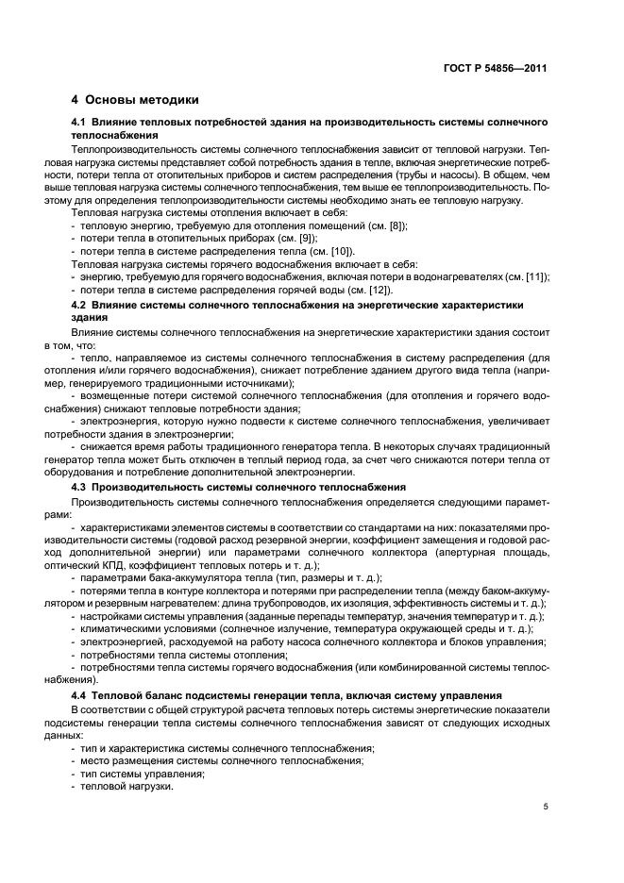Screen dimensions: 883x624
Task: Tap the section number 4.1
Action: pos(80,125)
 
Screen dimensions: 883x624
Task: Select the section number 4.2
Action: pos(80,307)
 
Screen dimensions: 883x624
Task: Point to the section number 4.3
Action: pos(80,486)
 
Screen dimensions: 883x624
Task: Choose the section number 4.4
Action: pos(80,695)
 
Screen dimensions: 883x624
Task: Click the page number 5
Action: pos(546,807)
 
